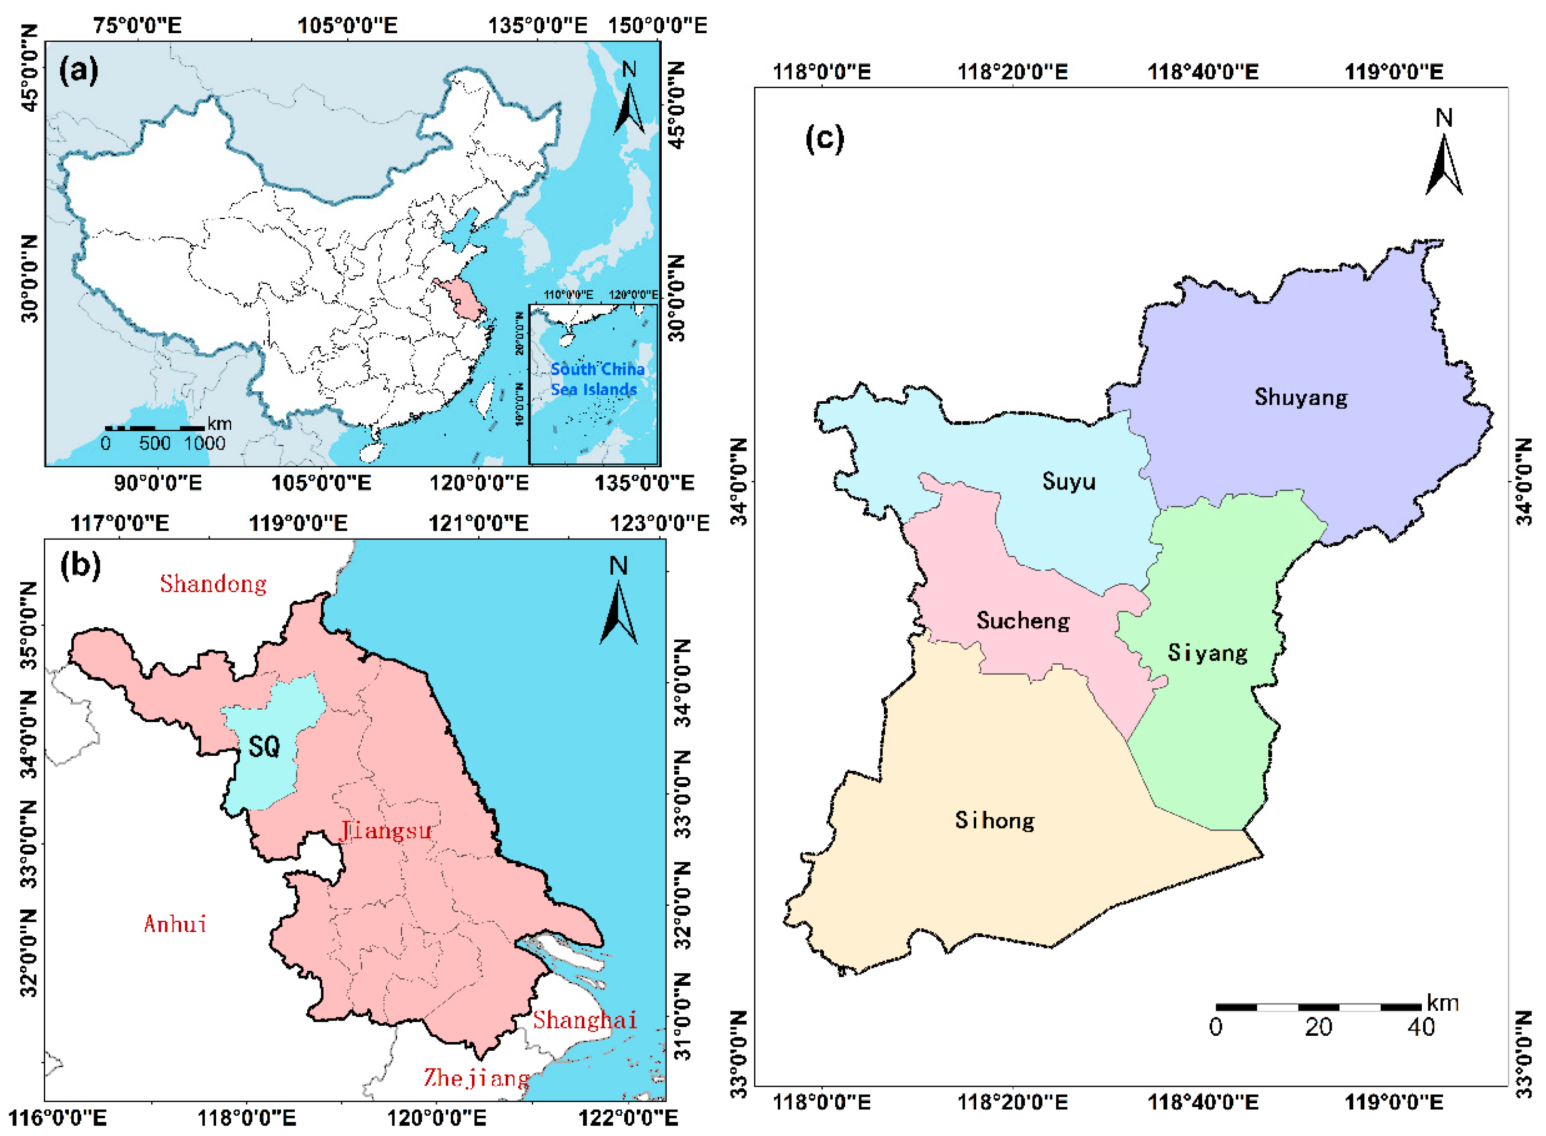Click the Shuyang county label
click(1300, 397)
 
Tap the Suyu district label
click(1068, 481)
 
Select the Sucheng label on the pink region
click(1023, 620)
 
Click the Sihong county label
click(995, 819)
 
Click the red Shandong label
click(213, 584)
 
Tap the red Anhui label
click(175, 924)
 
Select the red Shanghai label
click(585, 1019)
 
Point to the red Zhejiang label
click(476, 1077)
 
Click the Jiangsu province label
click(386, 830)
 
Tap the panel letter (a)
click(79, 70)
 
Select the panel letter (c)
click(824, 139)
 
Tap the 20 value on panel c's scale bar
click(1318, 1027)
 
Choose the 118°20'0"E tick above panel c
click(1012, 71)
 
